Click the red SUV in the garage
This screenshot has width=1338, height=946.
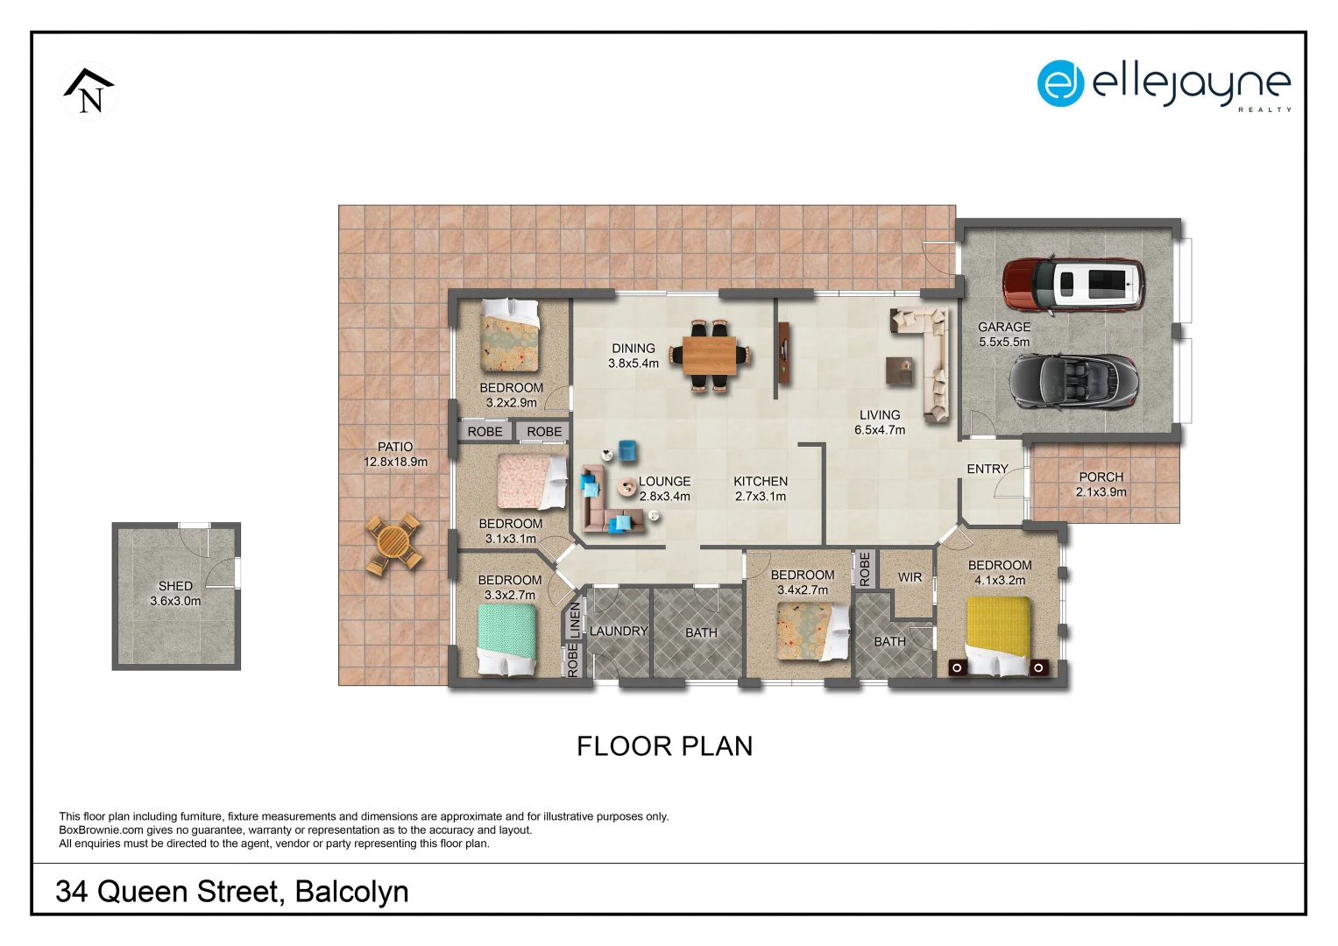coord(1073,285)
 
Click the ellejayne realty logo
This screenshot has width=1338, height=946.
coord(1164,85)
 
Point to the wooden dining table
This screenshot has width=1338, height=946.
coord(710,356)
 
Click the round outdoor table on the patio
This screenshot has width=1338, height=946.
coord(393,544)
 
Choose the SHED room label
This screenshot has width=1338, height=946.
coord(175,586)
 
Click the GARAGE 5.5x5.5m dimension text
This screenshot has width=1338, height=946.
coord(1004,342)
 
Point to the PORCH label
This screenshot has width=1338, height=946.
coord(1101,477)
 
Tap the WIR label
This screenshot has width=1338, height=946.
coord(910,577)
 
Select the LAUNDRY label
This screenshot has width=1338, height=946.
coord(619,631)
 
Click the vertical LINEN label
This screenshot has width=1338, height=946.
coord(575,620)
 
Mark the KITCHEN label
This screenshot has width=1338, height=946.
coord(760,481)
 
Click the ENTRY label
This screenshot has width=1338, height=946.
coord(988,469)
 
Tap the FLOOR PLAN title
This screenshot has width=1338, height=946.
coord(664,746)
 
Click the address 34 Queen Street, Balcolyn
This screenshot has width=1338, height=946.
coord(232,891)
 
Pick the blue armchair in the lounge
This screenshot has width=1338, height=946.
coord(627,450)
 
